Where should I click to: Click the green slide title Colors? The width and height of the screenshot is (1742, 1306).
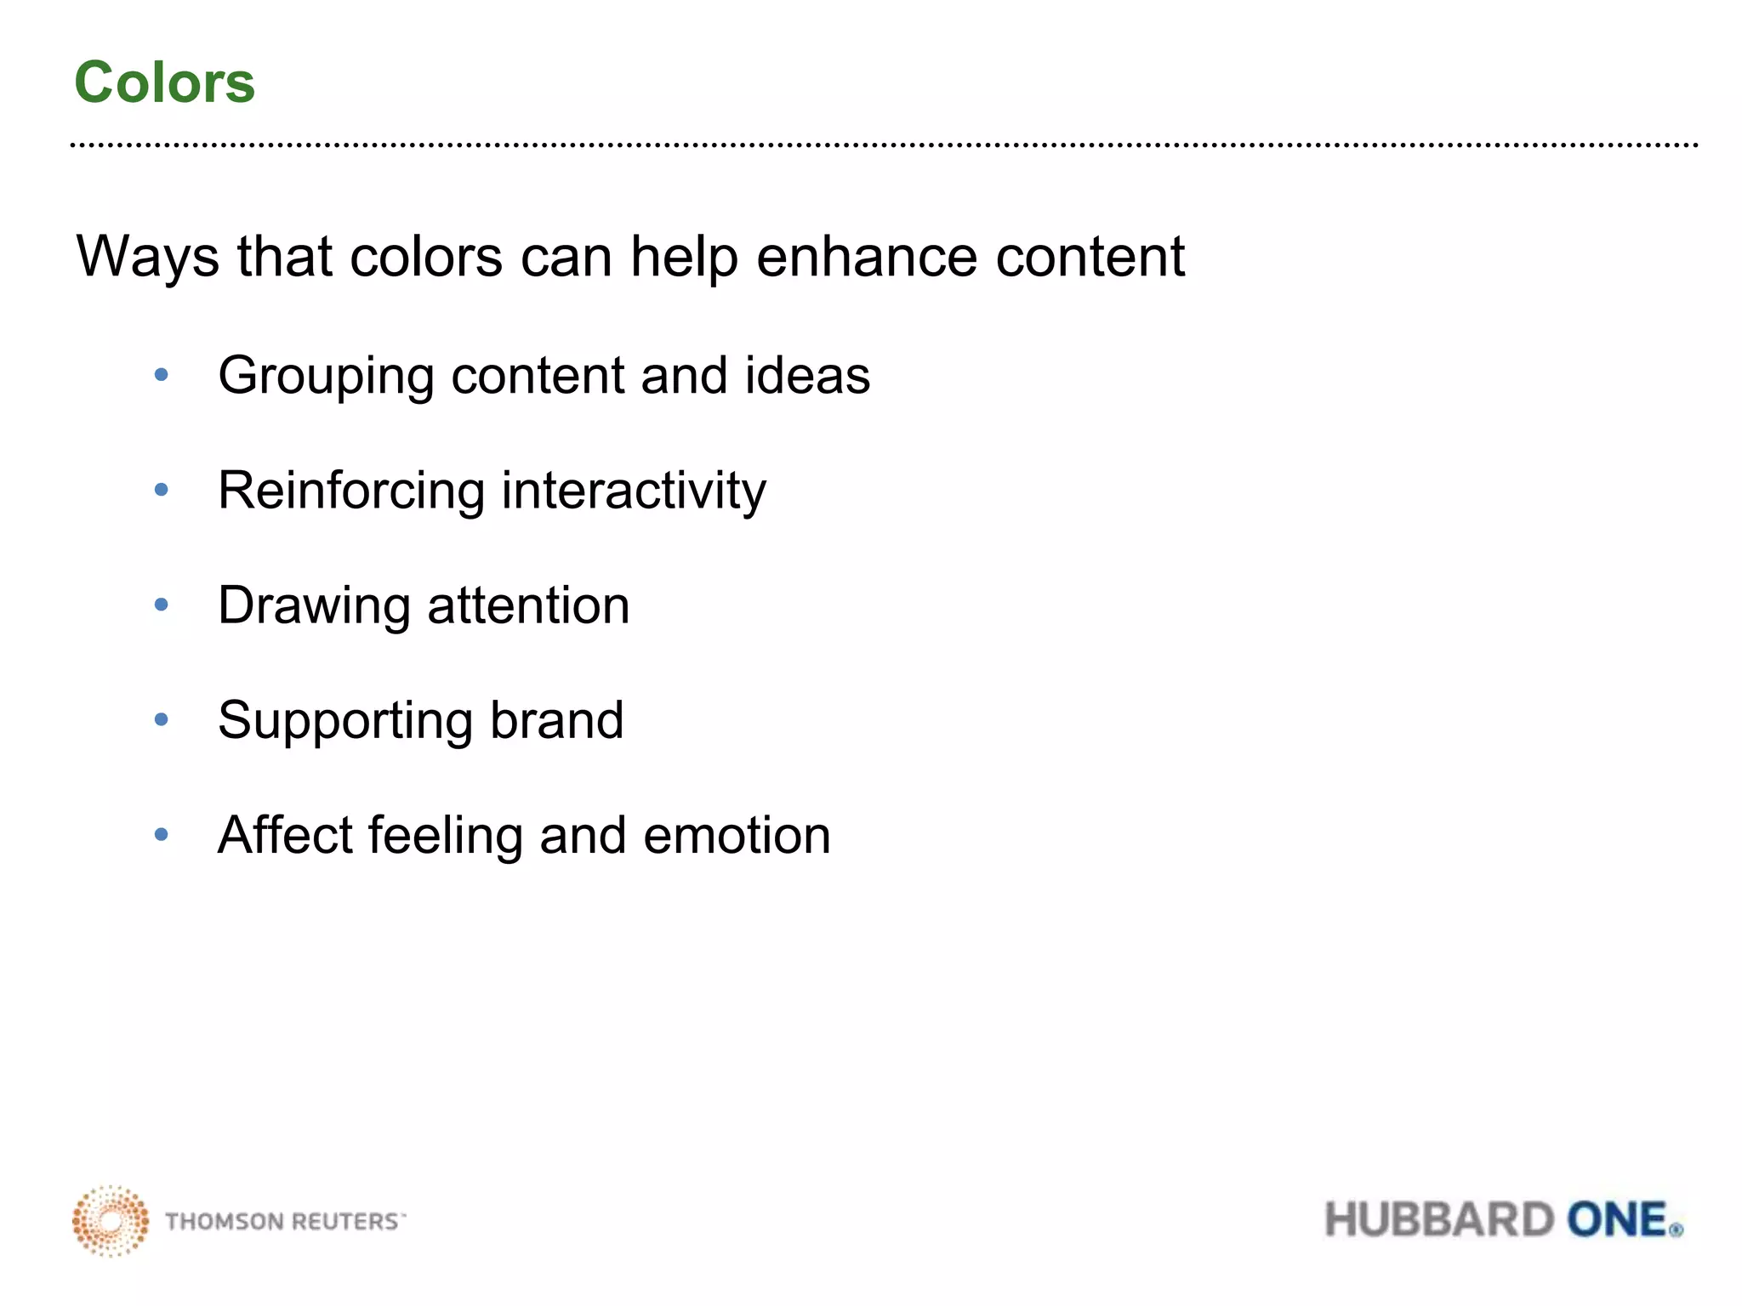point(164,82)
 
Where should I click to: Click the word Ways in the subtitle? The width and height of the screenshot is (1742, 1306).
point(146,257)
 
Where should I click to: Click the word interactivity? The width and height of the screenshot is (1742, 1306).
point(634,491)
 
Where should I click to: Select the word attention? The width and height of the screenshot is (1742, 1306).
point(528,605)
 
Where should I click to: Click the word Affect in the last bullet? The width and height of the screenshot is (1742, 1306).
point(283,835)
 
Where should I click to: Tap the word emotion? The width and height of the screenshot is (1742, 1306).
point(737,836)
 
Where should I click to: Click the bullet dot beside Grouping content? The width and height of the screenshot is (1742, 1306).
point(162,375)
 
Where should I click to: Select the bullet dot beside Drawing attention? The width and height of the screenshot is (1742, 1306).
point(162,605)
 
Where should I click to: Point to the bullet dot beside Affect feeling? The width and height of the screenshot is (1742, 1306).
point(162,835)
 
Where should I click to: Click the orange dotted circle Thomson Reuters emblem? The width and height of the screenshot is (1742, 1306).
point(111,1221)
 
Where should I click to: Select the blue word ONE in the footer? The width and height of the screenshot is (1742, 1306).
point(1616,1220)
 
